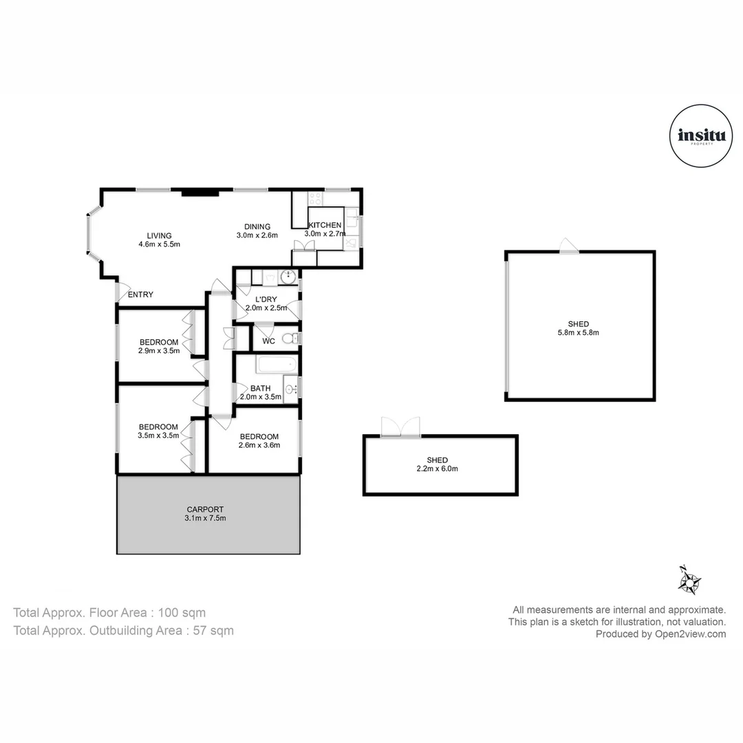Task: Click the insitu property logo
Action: click(x=701, y=136)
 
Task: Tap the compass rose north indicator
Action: click(x=689, y=580)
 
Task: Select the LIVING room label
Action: click(x=159, y=235)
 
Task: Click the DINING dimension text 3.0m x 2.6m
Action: click(x=257, y=235)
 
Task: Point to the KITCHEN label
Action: click(x=325, y=225)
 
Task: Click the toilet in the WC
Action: click(x=289, y=338)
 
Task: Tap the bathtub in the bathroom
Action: click(x=277, y=365)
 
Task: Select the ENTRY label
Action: click(x=141, y=294)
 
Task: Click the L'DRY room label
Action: click(x=266, y=299)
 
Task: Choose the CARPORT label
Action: click(x=205, y=509)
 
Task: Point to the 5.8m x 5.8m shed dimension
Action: click(x=578, y=333)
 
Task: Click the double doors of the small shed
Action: click(x=401, y=427)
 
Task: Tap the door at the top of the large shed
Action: click(x=569, y=246)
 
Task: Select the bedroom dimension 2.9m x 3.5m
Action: click(x=159, y=351)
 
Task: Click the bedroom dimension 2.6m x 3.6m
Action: click(x=259, y=445)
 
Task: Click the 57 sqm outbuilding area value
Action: click(x=213, y=631)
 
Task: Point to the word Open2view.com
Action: click(x=691, y=634)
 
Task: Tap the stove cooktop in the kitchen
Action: click(x=316, y=198)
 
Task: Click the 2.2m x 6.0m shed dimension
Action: click(x=438, y=469)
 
